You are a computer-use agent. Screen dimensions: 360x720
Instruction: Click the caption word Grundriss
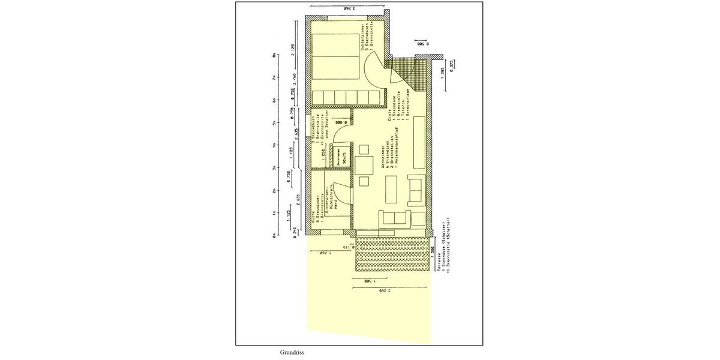pyautogui.click(x=292, y=353)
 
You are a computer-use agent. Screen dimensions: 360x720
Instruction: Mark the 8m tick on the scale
pyautogui.click(x=274, y=55)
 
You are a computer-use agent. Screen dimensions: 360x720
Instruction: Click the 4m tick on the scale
pyautogui.click(x=274, y=146)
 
